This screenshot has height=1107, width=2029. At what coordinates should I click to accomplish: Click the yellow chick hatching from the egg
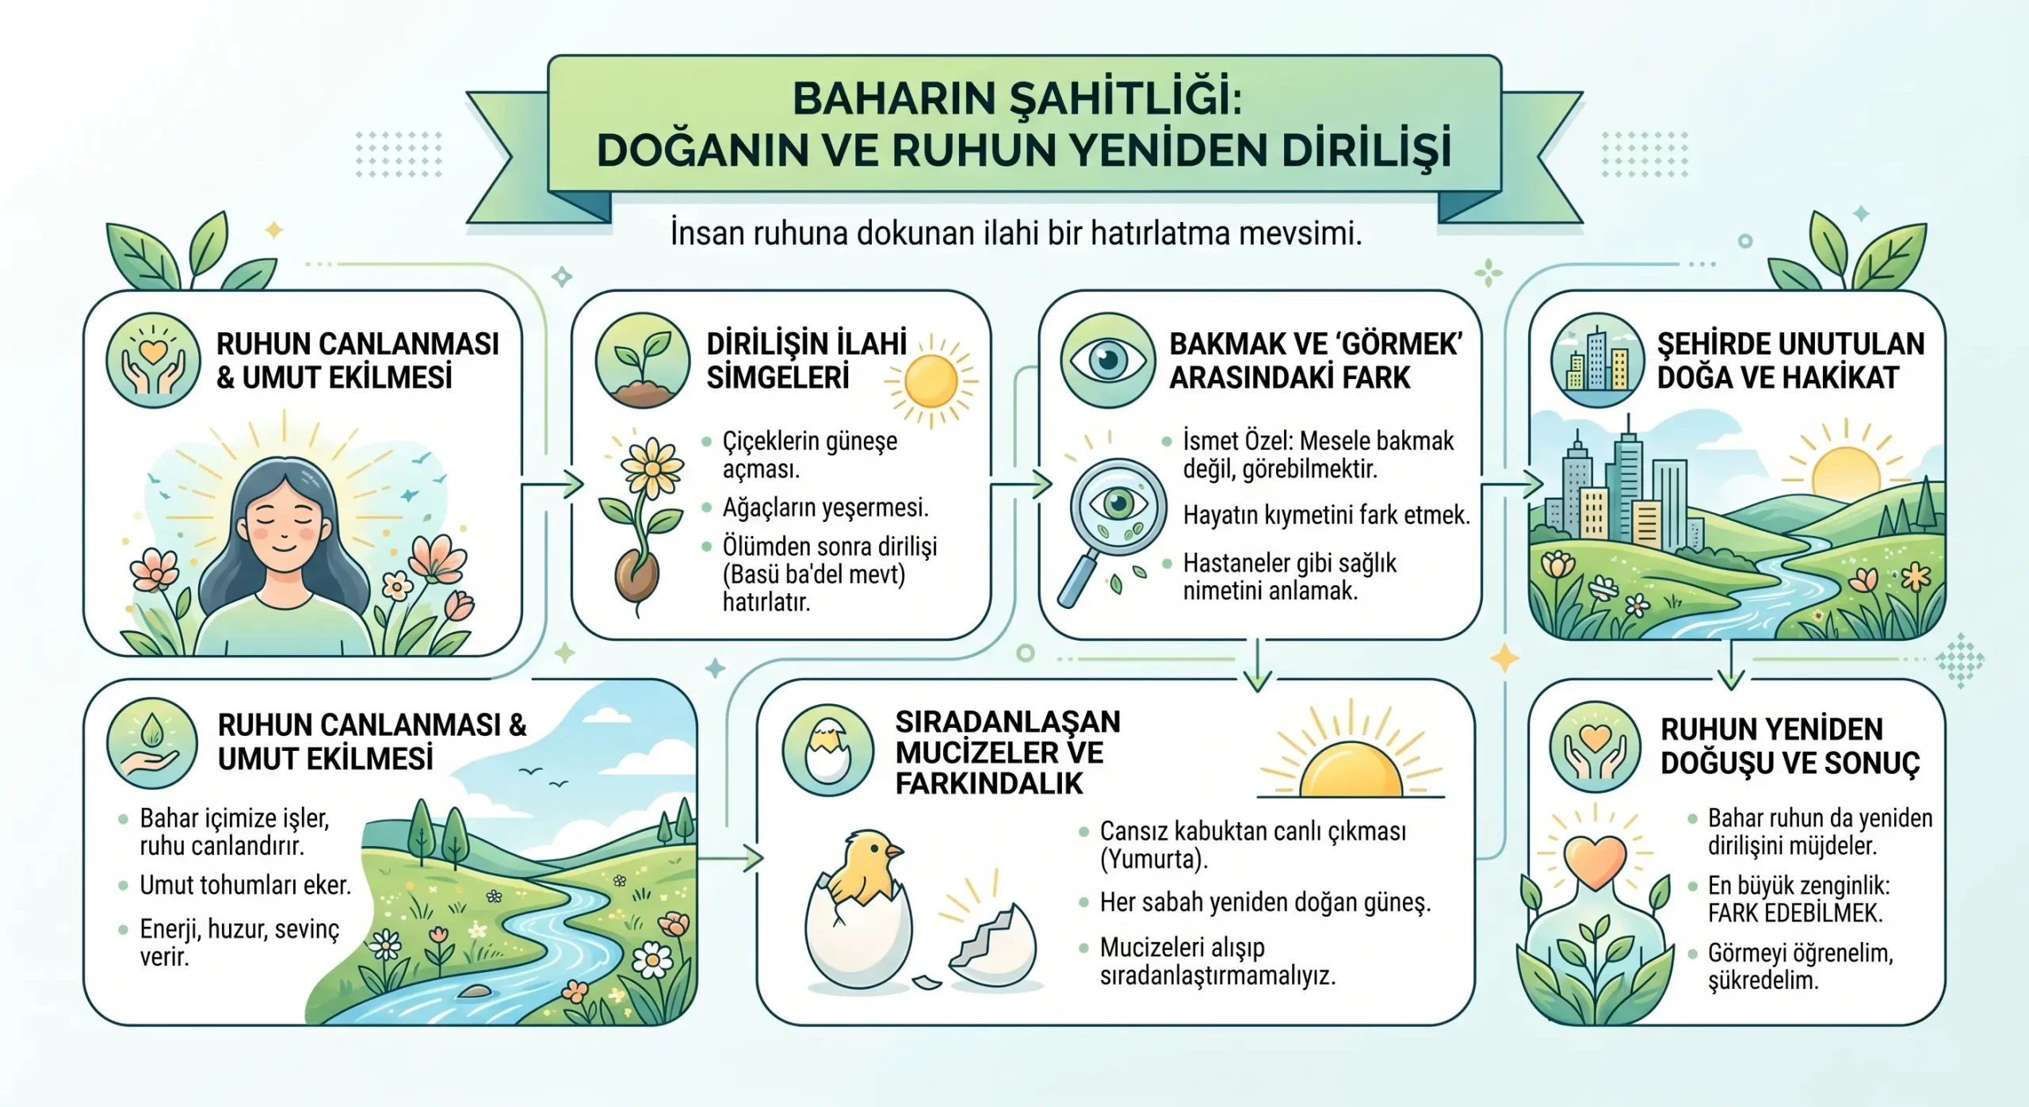pyautogui.click(x=868, y=868)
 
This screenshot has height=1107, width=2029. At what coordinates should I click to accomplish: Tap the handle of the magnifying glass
pyautogui.click(x=1078, y=580)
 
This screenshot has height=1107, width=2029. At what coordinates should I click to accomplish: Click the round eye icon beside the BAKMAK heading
pyautogui.click(x=1107, y=361)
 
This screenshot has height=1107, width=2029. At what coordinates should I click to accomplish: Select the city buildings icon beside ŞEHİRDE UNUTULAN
pyautogui.click(x=1598, y=361)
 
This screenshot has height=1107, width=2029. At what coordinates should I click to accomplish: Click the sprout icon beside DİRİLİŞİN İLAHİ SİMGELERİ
pyautogui.click(x=643, y=361)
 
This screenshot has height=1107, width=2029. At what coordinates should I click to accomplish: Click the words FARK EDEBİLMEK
pyautogui.click(x=1795, y=914)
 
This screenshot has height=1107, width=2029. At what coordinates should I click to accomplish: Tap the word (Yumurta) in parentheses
pyautogui.click(x=1154, y=860)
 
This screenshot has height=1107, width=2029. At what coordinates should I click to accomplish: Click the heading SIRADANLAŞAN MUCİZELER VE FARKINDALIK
pyautogui.click(x=1008, y=753)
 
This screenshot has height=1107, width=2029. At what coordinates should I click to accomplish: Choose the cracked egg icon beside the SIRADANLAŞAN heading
pyautogui.click(x=827, y=750)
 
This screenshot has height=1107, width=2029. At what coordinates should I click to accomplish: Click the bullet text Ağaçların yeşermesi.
pyautogui.click(x=825, y=508)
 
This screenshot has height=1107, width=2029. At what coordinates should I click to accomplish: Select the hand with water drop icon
pyautogui.click(x=152, y=744)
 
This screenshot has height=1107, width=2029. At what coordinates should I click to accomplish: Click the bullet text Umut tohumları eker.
pyautogui.click(x=245, y=885)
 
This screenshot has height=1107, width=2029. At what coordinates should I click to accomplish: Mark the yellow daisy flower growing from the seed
pyautogui.click(x=651, y=468)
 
